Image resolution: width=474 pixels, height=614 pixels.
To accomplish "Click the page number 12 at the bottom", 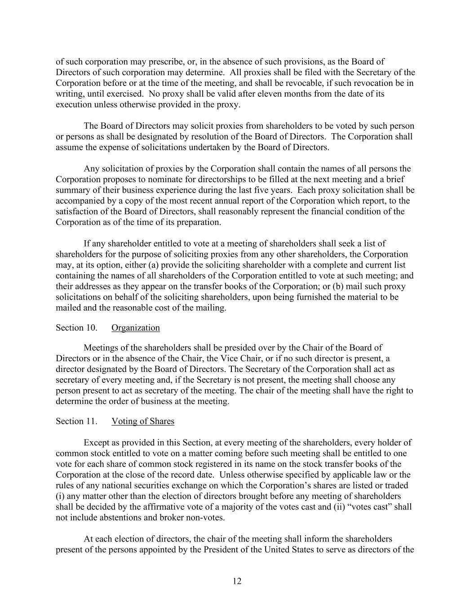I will tap(237, 581).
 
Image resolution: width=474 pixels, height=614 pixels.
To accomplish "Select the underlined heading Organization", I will tap(135, 327).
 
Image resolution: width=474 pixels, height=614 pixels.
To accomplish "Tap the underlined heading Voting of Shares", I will tap(143, 421).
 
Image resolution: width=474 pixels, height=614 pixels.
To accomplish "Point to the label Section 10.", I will tap(76, 327).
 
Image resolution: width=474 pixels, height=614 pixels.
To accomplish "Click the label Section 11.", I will tap(76, 421).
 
